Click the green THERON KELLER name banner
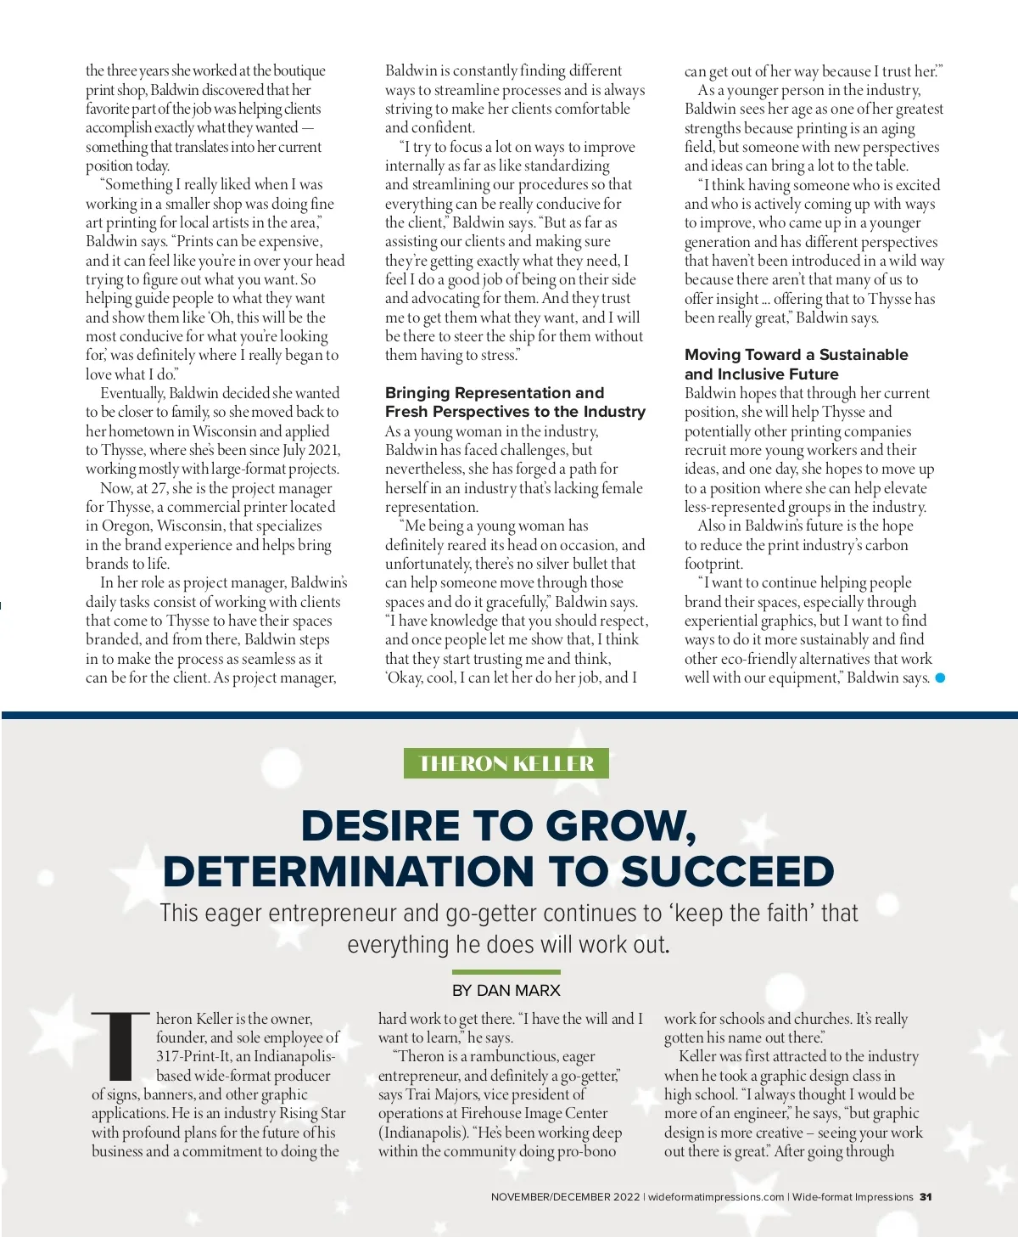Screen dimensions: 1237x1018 point(506,763)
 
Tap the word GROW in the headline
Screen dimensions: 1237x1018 point(621,826)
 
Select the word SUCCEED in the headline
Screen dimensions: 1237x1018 point(727,872)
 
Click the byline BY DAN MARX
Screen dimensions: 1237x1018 point(506,990)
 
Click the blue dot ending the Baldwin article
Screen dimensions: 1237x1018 point(940,678)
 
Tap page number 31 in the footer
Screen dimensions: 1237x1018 point(926,1197)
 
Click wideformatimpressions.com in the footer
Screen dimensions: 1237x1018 point(716,1197)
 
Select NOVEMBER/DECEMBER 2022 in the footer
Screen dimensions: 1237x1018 point(565,1197)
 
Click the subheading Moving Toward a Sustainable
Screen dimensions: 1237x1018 point(796,355)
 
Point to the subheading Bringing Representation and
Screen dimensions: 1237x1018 point(495,393)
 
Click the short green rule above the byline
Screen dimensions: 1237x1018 point(506,972)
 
